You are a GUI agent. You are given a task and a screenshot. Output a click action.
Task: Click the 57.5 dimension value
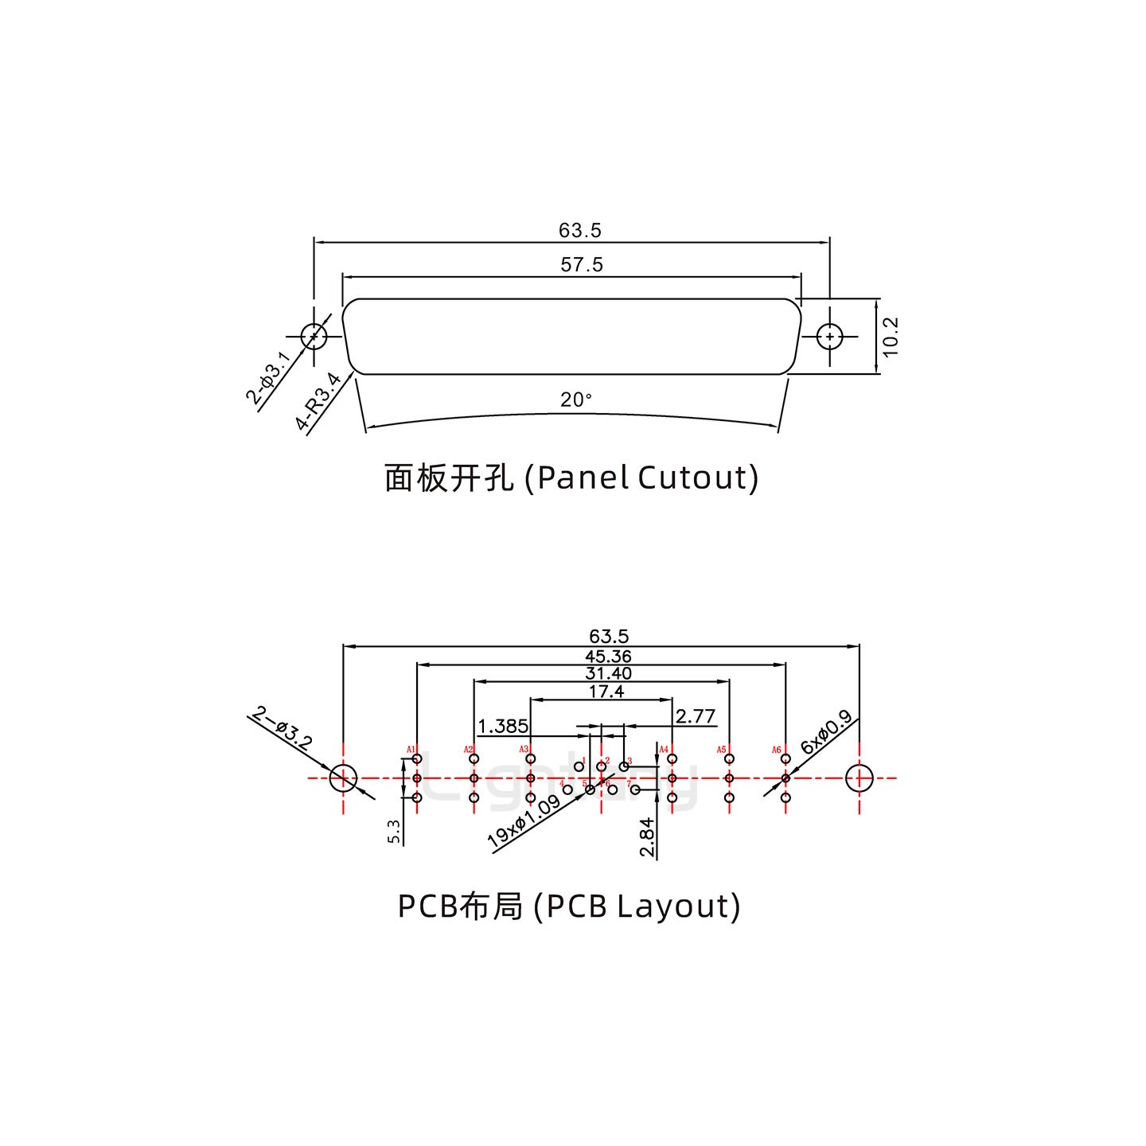(582, 265)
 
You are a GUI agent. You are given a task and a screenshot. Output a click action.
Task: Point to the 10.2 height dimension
(890, 337)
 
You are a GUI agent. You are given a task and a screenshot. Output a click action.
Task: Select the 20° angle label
(576, 400)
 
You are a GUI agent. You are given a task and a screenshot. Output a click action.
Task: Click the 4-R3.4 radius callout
(318, 402)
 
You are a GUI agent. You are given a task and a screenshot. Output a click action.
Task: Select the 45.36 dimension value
(608, 657)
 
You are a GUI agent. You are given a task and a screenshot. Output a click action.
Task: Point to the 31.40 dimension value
(608, 674)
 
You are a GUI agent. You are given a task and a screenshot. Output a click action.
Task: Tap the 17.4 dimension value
(606, 692)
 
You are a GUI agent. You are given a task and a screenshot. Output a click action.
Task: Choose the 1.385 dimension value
(503, 726)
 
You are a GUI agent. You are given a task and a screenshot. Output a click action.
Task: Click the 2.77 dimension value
(695, 716)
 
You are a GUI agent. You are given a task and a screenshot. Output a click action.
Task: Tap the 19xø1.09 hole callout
(524, 821)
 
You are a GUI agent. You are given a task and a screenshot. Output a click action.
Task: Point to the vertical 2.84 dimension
(649, 837)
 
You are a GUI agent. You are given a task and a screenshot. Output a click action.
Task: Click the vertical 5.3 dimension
(393, 832)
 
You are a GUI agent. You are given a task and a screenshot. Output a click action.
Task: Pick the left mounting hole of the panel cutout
(314, 337)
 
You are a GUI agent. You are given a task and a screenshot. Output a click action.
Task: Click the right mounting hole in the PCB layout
(859, 778)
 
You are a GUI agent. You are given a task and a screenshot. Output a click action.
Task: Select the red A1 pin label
(411, 750)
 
